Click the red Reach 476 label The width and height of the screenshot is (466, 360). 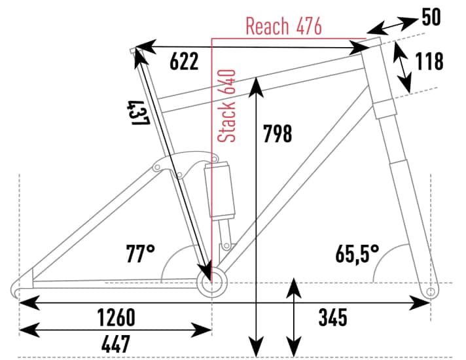point(283,26)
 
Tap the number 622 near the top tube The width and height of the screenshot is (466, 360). point(184,62)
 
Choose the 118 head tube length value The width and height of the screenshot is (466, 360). point(429,62)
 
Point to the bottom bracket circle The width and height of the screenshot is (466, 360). point(211,284)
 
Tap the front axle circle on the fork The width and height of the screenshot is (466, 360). point(430,290)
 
